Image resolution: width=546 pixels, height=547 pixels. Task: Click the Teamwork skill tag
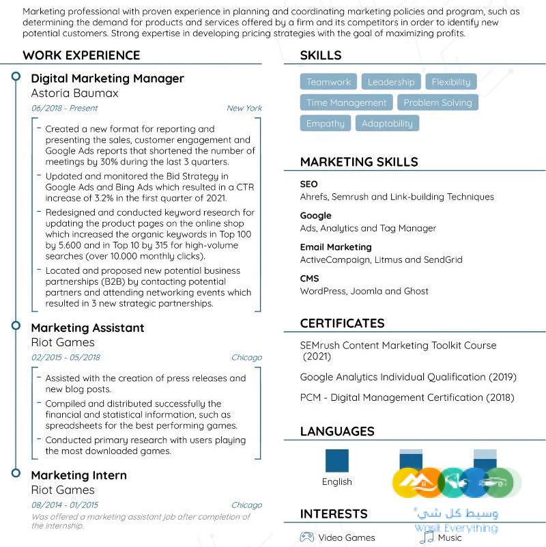point(328,82)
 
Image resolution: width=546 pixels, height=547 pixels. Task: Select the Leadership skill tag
point(391,82)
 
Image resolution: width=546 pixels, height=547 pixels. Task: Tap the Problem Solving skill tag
point(437,102)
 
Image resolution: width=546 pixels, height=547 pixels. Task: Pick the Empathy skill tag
point(326,124)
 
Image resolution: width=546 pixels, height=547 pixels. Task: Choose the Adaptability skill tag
point(387,124)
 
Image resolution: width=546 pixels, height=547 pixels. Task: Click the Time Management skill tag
point(346,102)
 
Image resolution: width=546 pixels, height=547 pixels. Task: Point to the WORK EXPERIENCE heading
point(81,55)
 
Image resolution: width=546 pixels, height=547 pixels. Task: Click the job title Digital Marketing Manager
point(108,79)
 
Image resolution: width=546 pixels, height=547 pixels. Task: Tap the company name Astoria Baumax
point(75,93)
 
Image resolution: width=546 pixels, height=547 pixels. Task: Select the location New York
point(244,108)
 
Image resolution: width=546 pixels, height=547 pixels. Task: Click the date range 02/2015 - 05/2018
point(66,357)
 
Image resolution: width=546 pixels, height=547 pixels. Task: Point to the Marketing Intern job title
point(79,475)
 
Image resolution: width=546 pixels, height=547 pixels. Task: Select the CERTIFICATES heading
point(343,323)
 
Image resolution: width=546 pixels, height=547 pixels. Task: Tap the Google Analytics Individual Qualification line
point(408,377)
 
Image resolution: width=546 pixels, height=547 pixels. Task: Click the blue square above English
point(337,461)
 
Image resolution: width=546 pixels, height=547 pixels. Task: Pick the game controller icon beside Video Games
point(307,537)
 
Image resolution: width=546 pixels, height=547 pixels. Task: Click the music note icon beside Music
point(427,537)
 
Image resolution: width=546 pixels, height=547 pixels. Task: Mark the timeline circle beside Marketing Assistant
point(16,326)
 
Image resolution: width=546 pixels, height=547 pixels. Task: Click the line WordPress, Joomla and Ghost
point(364,291)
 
